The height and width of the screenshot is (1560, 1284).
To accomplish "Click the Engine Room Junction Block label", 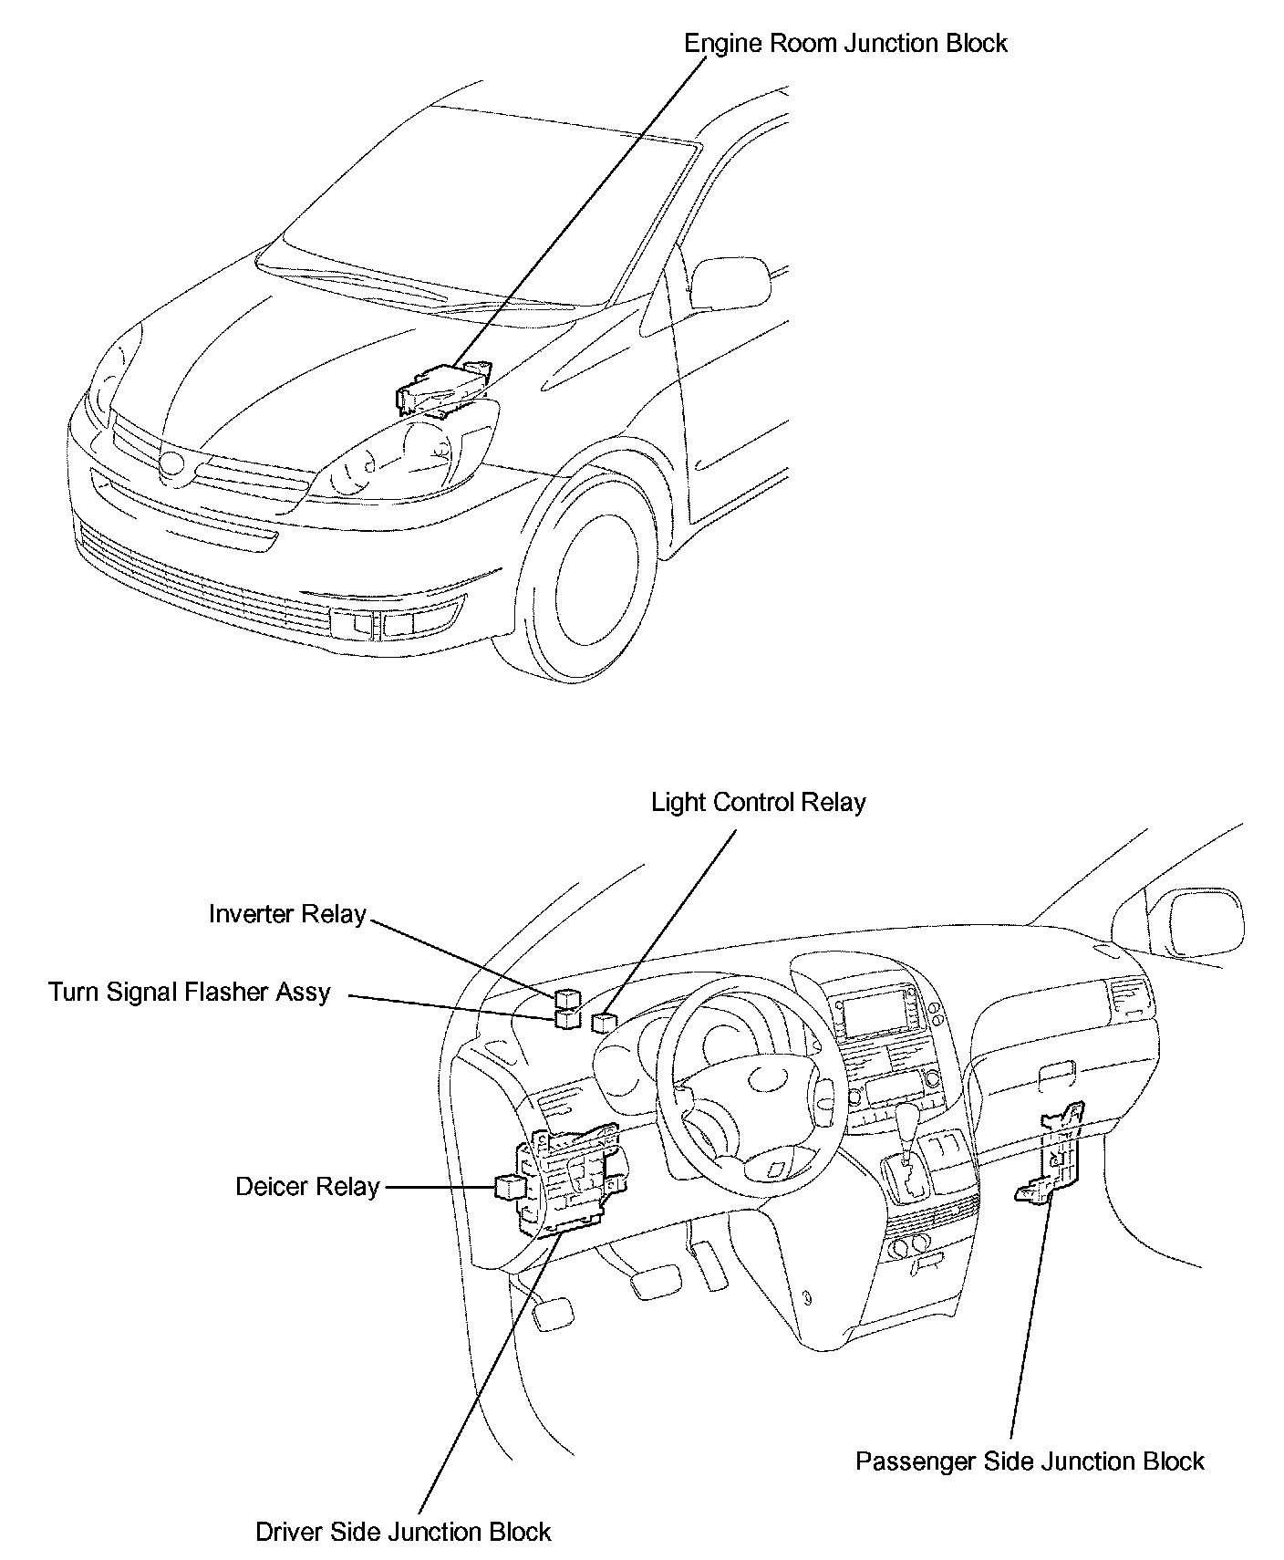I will pos(845,44).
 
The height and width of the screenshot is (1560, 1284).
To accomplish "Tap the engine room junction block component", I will pos(441,389).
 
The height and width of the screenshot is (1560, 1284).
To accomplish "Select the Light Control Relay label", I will pos(758,803).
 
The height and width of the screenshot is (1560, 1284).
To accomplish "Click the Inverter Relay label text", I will pos(287,914).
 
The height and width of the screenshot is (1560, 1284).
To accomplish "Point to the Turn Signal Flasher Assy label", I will pos(190,992).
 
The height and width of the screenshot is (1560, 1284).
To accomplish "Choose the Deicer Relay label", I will pos(307,1187).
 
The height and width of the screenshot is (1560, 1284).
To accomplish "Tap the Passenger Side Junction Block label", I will pos(1030,1461).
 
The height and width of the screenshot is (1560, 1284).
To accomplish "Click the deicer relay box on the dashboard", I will pos(507,1186).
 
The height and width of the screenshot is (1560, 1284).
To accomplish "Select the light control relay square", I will pos(603,1022).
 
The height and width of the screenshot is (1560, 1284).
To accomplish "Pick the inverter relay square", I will pos(565,997).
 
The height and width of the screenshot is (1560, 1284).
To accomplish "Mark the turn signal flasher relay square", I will pos(566,1017).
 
